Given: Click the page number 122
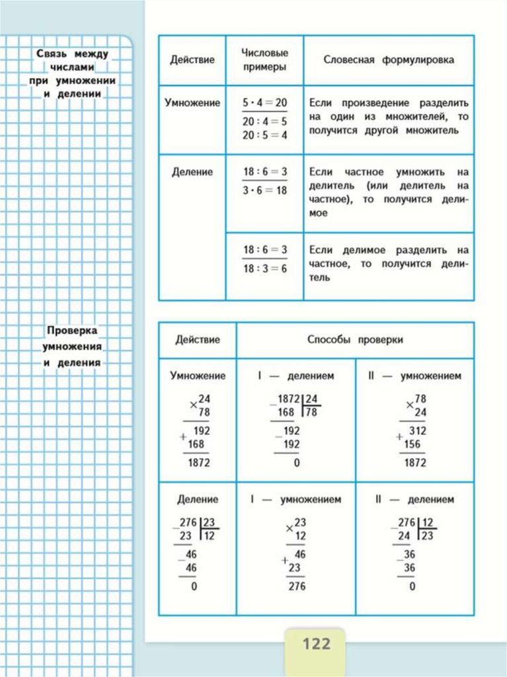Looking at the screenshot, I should [316, 643].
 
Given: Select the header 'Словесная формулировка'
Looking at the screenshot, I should [389, 60].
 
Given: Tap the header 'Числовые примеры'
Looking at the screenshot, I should [264, 60].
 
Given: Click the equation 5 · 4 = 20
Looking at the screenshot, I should [264, 103].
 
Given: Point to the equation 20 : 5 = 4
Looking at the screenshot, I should [264, 135].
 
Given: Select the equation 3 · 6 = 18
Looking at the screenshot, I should [264, 190].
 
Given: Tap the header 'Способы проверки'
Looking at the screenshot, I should [355, 340].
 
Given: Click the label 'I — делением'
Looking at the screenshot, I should [295, 376].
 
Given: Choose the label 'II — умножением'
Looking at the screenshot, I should [414, 376].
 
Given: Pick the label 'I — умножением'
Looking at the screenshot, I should [295, 500].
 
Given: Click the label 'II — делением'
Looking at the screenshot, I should [414, 500].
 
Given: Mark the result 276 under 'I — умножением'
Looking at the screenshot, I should [296, 586].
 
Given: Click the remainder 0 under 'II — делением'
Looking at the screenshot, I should [412, 586].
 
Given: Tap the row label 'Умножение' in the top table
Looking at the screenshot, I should [192, 103].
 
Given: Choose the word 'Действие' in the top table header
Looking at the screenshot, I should [192, 60].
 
